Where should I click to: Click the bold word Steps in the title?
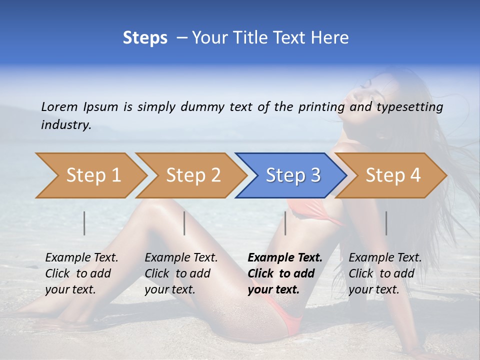click(x=145, y=38)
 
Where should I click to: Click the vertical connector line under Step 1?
click(x=84, y=223)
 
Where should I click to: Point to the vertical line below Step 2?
click(x=184, y=223)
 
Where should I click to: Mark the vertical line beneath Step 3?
click(x=285, y=223)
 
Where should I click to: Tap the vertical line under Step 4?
click(x=386, y=223)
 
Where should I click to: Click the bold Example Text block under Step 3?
click(x=284, y=273)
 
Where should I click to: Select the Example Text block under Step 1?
click(x=81, y=273)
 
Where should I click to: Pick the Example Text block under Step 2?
click(x=181, y=273)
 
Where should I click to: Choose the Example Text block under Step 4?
click(x=385, y=273)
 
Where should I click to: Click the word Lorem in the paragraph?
click(x=59, y=107)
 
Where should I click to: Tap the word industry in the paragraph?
click(x=65, y=125)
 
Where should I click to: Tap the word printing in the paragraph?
click(x=321, y=107)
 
